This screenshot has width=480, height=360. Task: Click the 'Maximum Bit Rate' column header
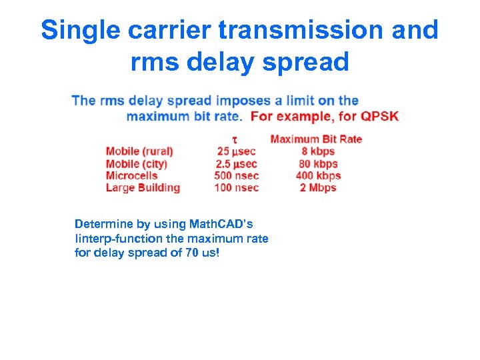pyautogui.click(x=316, y=139)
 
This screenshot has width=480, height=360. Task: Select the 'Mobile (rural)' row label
pyautogui.click(x=139, y=151)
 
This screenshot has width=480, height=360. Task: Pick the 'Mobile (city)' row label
pyautogui.click(x=136, y=163)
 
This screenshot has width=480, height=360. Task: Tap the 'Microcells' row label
pyautogui.click(x=131, y=175)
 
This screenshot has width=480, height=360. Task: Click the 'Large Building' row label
pyautogui.click(x=143, y=187)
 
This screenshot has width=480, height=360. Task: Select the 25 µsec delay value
pyautogui.click(x=236, y=151)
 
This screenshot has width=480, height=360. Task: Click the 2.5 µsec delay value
pyautogui.click(x=236, y=163)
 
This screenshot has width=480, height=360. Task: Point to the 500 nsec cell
pyautogui.click(x=236, y=175)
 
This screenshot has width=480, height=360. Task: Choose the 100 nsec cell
pyautogui.click(x=236, y=187)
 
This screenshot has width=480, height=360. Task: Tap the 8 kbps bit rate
pyautogui.click(x=318, y=151)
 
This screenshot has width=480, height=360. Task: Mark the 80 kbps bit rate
pyautogui.click(x=318, y=163)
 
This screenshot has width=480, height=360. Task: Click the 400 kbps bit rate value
pyautogui.click(x=318, y=175)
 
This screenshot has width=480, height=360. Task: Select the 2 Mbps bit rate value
pyautogui.click(x=318, y=187)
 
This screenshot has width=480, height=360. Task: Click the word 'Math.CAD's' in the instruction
pyautogui.click(x=220, y=223)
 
